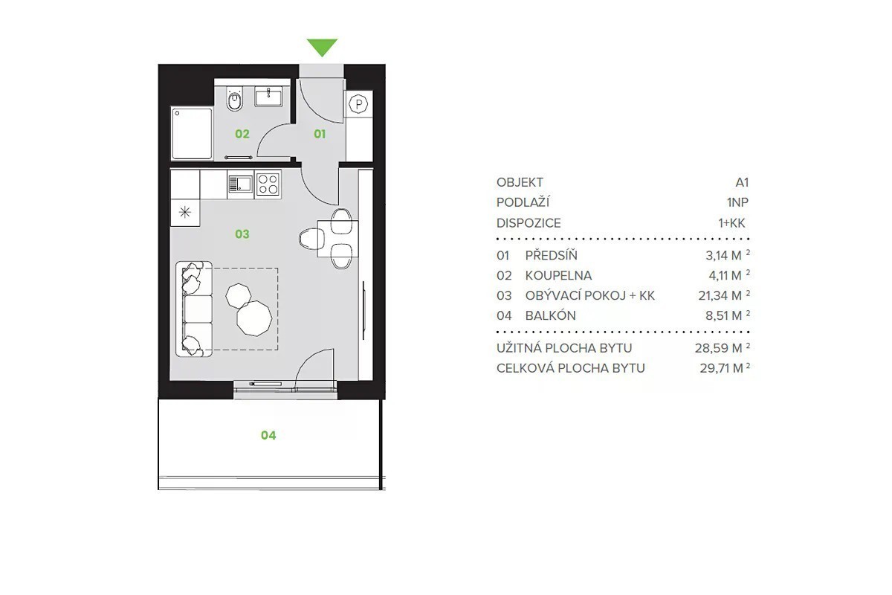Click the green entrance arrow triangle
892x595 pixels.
pos(322,47)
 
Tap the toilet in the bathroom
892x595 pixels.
pos(235,100)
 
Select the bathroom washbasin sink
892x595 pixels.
pos(269,97)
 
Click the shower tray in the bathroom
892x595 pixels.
pos(192,134)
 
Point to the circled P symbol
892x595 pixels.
pos(358,104)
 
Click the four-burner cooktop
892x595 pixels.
pos(268,184)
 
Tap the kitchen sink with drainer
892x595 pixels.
pos(240,184)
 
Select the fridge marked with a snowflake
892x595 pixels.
pos(185,212)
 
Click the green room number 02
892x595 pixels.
pos(242,134)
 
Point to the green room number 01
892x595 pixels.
pos(320,134)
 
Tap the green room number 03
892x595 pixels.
pos(242,234)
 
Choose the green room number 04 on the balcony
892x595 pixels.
pos(268,435)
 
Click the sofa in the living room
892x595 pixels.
pos(194,309)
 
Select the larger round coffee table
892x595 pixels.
pos(254,318)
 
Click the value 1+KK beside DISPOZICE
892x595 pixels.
pos(731,223)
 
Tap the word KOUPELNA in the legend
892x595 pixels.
pos(558,275)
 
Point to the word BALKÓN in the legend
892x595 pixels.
pos(550,315)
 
